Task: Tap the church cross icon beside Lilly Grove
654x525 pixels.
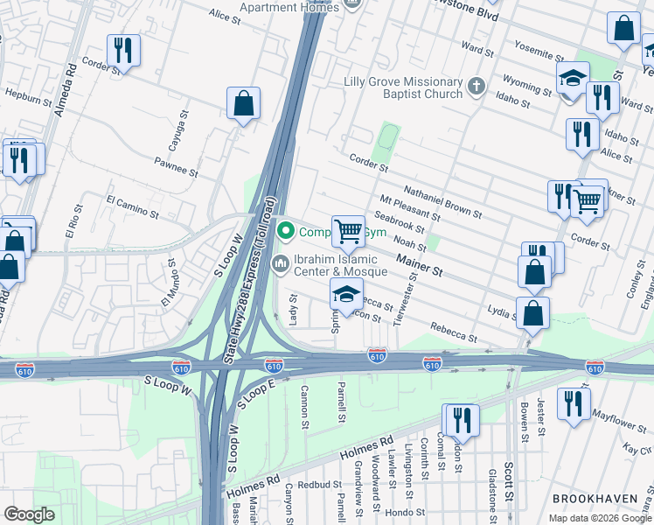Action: (x=476, y=87)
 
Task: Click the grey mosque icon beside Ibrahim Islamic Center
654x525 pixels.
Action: (x=282, y=263)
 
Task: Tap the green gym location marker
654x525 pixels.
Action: (x=284, y=232)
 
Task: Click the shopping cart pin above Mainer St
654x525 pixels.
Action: (x=348, y=232)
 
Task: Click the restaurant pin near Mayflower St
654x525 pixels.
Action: (x=574, y=404)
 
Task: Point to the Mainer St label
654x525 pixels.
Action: (x=419, y=264)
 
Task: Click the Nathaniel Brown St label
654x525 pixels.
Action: (x=442, y=201)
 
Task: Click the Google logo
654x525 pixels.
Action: (x=30, y=514)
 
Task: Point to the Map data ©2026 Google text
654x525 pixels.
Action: (x=599, y=518)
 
